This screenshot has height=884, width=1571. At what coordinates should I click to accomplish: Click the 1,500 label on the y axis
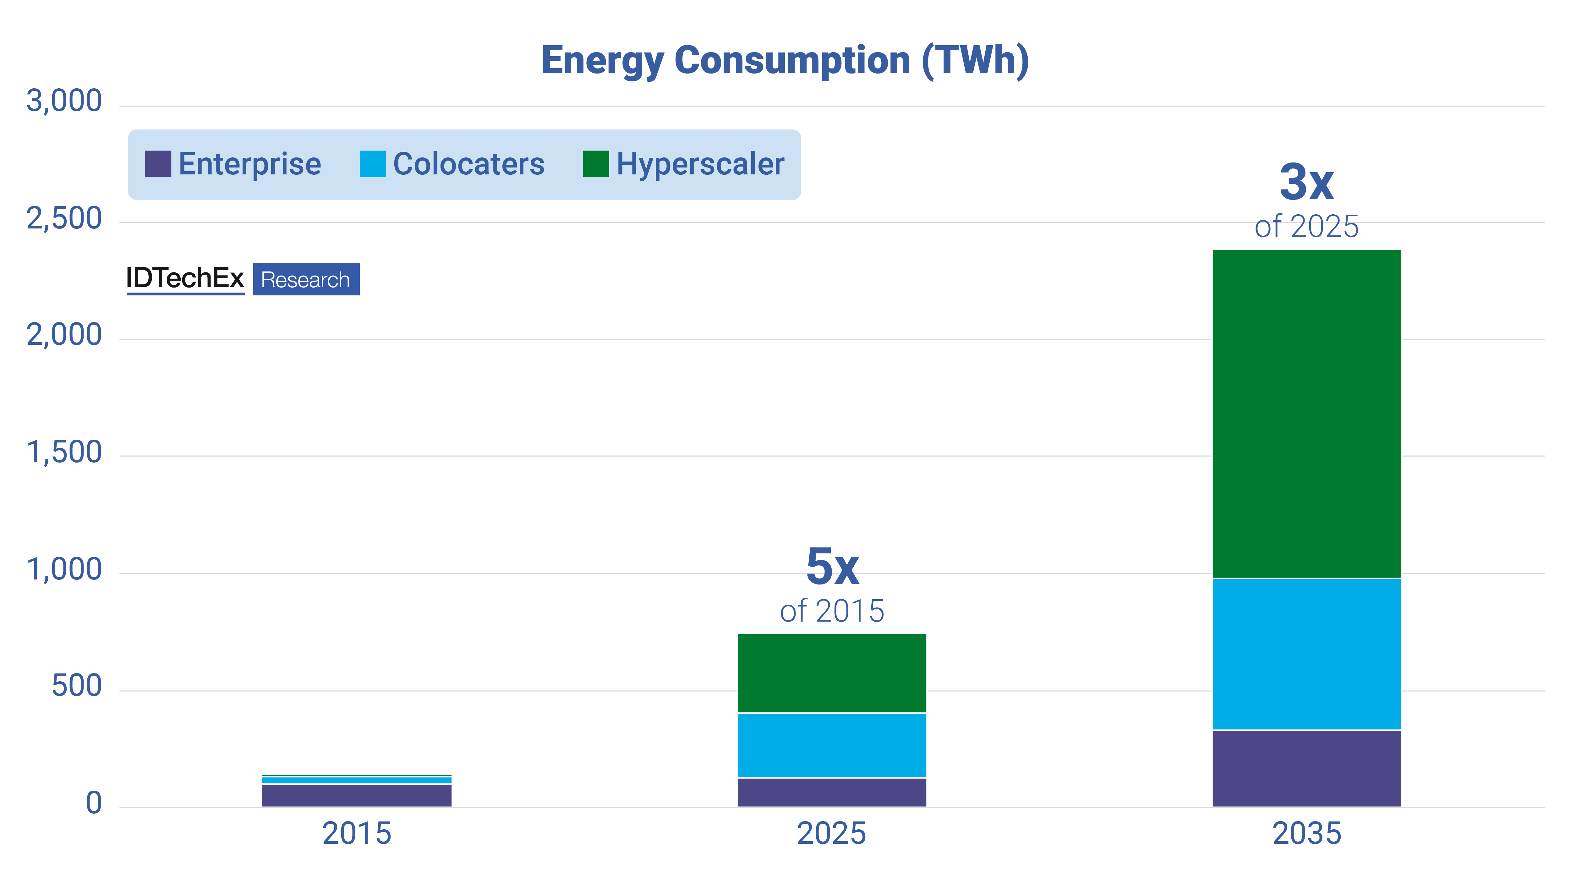coord(64,452)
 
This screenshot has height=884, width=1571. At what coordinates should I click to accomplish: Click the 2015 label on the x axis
coord(356,833)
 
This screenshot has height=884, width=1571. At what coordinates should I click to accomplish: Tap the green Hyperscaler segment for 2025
coord(832,673)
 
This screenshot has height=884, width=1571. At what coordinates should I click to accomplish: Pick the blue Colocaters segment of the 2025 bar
coord(832,745)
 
